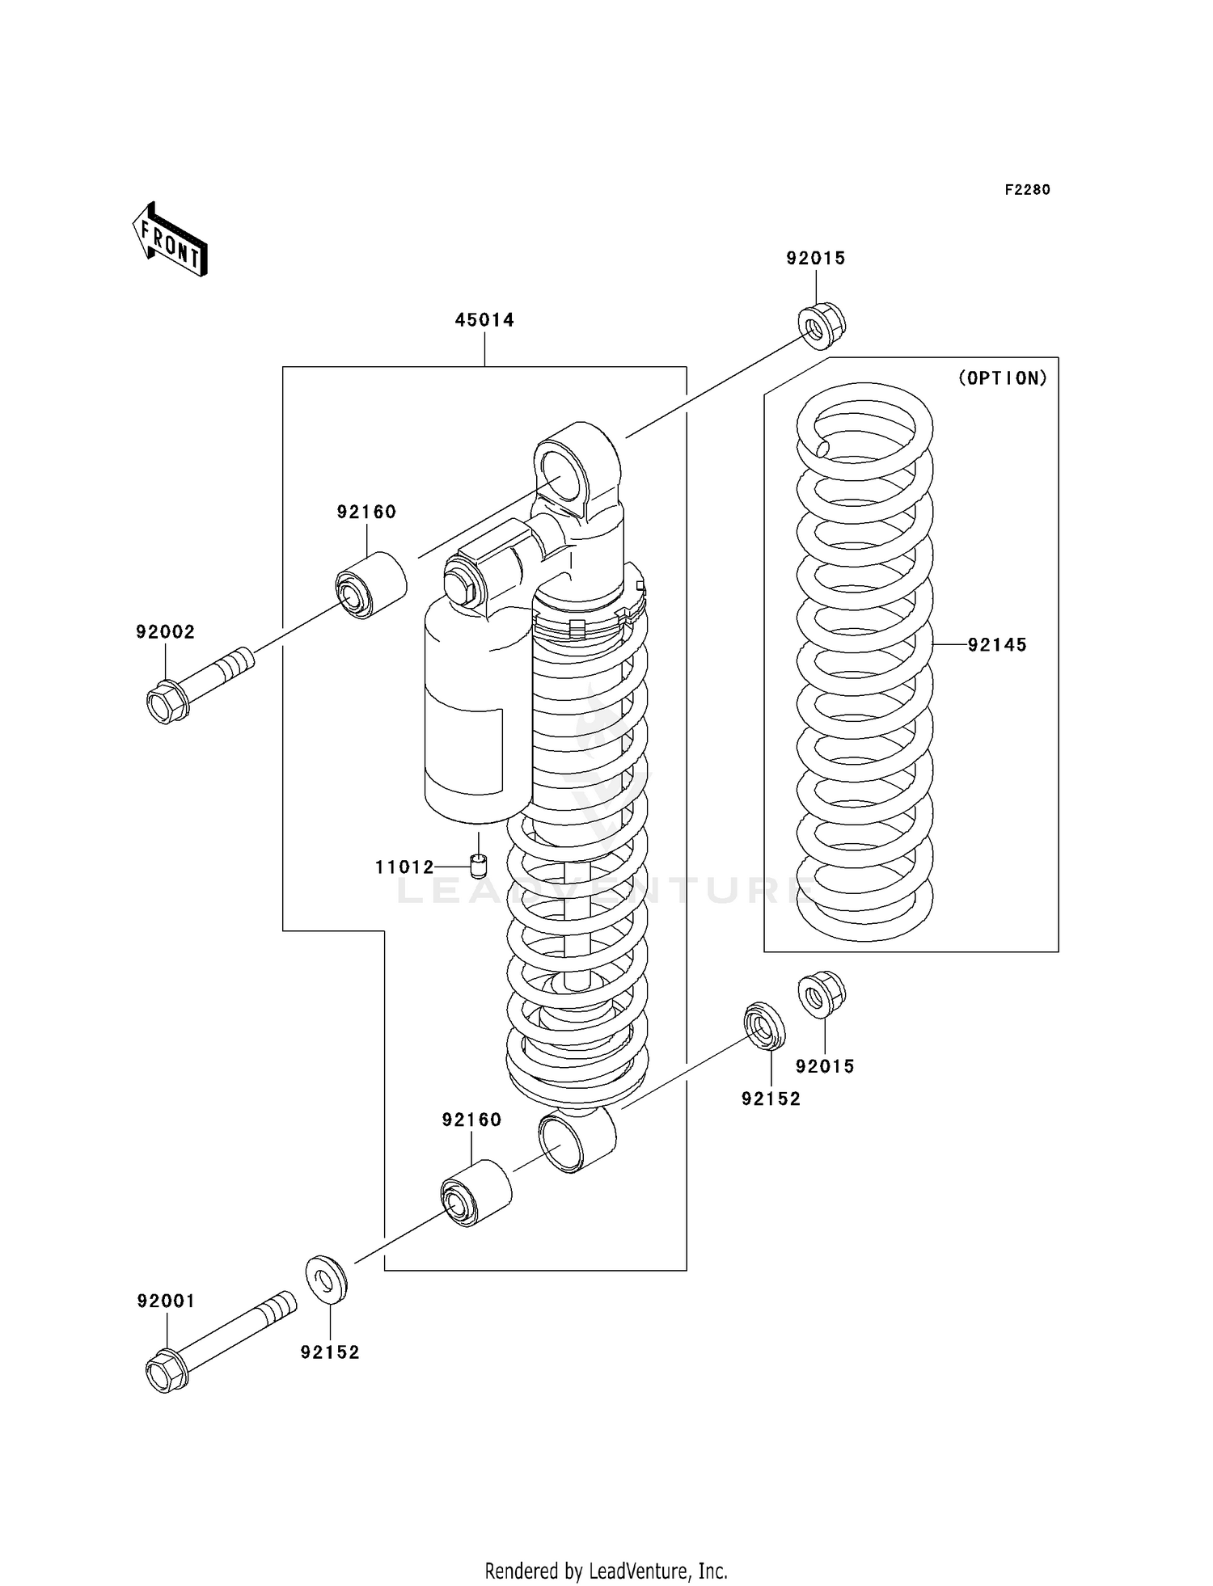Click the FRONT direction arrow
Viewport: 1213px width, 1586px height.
pos(170,240)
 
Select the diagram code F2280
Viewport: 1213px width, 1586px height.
pos(1027,190)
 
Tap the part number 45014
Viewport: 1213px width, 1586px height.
pos(484,320)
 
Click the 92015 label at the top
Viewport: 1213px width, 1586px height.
pos(816,259)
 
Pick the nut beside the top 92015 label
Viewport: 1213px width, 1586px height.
pos(822,324)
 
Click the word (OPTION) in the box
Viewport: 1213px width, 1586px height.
pos(1003,378)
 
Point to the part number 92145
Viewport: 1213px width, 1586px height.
pos(997,645)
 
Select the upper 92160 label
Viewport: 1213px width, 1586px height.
pos(367,512)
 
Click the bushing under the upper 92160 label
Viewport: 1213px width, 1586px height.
pos(371,585)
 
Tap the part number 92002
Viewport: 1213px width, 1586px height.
pos(166,632)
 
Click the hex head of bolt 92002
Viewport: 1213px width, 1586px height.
pos(167,702)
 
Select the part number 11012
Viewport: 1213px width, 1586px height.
pos(404,868)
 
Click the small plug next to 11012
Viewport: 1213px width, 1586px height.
pos(479,867)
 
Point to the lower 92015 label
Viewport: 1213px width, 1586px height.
pos(825,1067)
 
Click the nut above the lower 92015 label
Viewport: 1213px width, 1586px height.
pos(822,994)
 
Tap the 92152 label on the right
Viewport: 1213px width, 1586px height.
pos(771,1099)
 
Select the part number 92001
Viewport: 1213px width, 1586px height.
pos(166,1301)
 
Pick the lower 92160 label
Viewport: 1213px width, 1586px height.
pos(471,1120)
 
